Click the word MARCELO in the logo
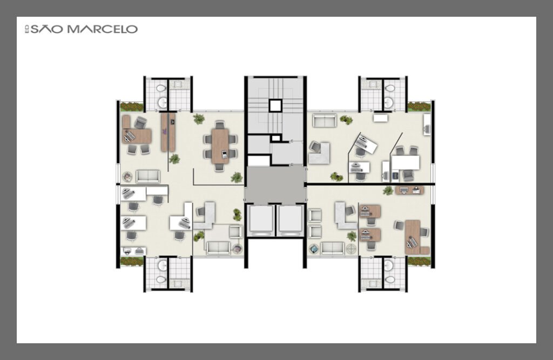(x=102, y=29)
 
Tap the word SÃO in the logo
(x=46, y=29)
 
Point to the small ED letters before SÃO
(x=27, y=29)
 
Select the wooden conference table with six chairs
(x=220, y=146)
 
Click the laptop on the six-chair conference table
(x=225, y=154)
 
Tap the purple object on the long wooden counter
(x=165, y=132)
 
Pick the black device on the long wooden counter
(x=172, y=121)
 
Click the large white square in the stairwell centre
(x=275, y=105)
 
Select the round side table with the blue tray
(x=313, y=248)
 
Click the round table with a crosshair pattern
(x=351, y=248)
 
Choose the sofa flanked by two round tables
(x=332, y=248)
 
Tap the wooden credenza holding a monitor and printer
(x=409, y=191)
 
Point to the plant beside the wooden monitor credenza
(x=388, y=191)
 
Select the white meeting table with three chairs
(x=406, y=162)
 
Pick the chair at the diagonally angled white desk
(x=360, y=152)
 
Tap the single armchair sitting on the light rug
(x=235, y=232)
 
